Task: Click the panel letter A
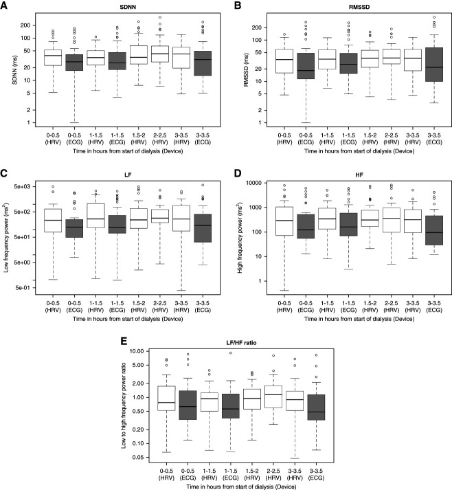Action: (x=4, y=5)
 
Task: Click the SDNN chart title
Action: (x=128, y=7)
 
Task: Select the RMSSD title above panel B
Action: (x=359, y=7)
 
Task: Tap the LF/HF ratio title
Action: (x=242, y=343)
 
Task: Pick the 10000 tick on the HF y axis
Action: (x=253, y=183)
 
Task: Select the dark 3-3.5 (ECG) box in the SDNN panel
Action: (x=203, y=63)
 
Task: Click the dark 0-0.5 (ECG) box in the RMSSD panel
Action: (x=306, y=66)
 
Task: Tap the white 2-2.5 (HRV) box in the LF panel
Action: (x=160, y=216)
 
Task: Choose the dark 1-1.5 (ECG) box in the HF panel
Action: (x=348, y=224)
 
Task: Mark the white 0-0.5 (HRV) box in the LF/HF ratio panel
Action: (x=166, y=399)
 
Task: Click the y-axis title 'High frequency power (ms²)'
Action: (x=240, y=237)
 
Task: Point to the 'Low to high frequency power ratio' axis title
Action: (x=124, y=405)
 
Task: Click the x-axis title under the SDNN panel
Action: (x=128, y=151)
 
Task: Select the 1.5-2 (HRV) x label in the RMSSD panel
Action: (x=370, y=139)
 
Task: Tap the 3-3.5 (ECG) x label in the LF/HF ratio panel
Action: (x=317, y=474)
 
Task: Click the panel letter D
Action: (x=238, y=174)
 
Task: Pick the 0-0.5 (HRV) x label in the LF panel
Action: (x=53, y=307)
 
